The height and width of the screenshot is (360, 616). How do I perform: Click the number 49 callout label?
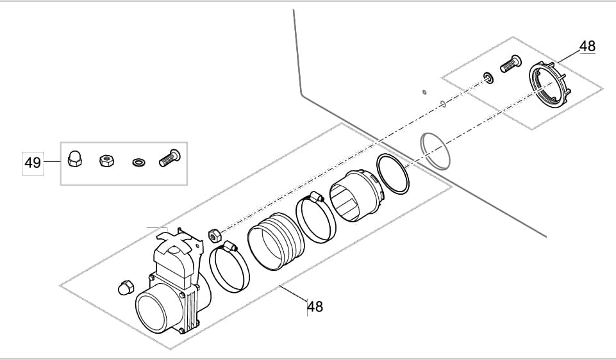point(33,163)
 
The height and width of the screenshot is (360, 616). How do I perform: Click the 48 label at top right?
point(587,46)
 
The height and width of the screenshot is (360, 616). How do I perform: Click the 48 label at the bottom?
point(315,307)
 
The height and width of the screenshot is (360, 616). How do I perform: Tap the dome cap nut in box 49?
point(74,159)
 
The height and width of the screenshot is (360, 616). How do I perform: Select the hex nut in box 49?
point(104,160)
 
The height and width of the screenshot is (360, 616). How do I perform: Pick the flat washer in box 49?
point(137,161)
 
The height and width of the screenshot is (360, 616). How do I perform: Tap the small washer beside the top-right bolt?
point(488,79)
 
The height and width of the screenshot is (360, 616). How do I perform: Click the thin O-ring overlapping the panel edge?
point(435,151)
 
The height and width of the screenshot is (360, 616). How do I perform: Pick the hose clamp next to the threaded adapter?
point(315,218)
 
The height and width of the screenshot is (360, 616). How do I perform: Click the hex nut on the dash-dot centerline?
point(214,233)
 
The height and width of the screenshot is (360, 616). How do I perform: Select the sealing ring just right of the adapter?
point(392,174)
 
